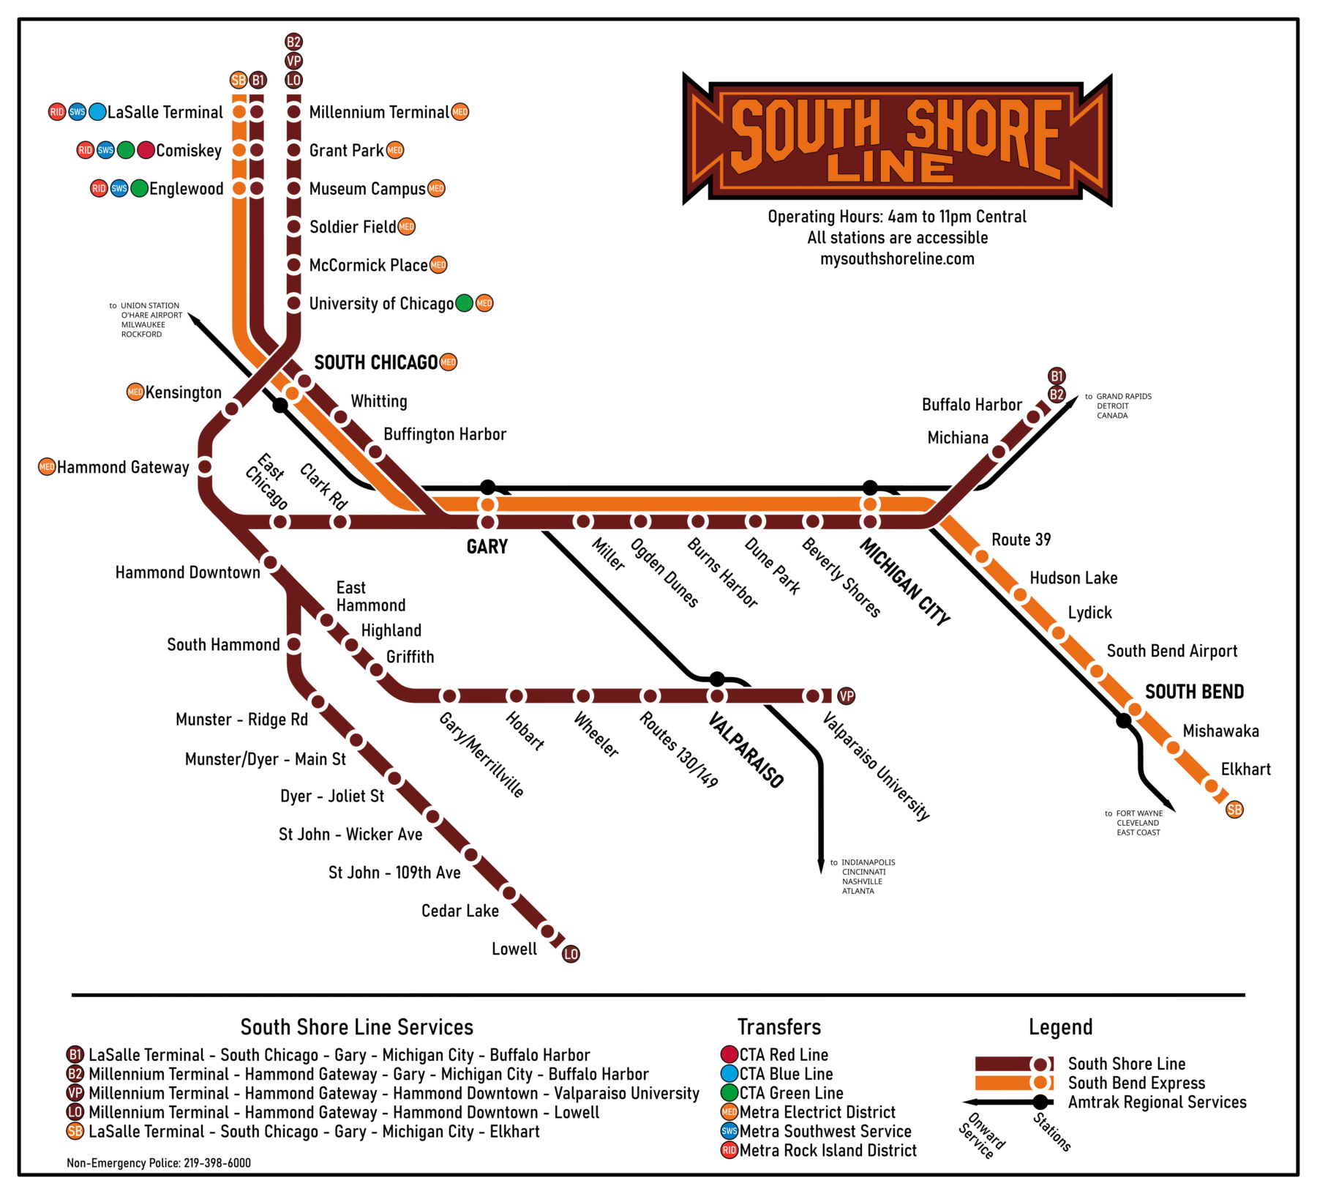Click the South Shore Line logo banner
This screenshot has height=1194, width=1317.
(x=897, y=139)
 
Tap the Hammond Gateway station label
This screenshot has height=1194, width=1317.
(x=123, y=467)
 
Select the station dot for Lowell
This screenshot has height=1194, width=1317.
(x=547, y=931)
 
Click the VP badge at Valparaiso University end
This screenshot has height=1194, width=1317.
(x=847, y=696)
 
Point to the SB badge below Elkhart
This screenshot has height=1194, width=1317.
(x=1235, y=810)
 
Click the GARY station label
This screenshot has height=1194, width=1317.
(x=487, y=547)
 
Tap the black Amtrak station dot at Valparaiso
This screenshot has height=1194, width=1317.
(x=718, y=679)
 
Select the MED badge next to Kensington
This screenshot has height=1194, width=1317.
(x=135, y=392)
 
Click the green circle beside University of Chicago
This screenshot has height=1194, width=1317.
(x=465, y=303)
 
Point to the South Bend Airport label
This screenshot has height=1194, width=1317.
(x=1171, y=651)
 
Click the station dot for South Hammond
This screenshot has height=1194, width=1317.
(x=294, y=645)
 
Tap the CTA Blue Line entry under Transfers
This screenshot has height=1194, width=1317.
(x=785, y=1074)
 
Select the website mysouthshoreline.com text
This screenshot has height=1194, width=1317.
(x=897, y=258)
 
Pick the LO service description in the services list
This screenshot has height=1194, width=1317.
(x=344, y=1112)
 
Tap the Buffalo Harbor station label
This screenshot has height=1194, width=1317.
(x=972, y=405)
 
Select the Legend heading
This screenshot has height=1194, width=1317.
(x=1060, y=1027)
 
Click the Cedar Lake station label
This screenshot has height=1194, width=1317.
(x=460, y=911)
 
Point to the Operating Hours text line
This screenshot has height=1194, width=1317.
(x=897, y=217)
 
